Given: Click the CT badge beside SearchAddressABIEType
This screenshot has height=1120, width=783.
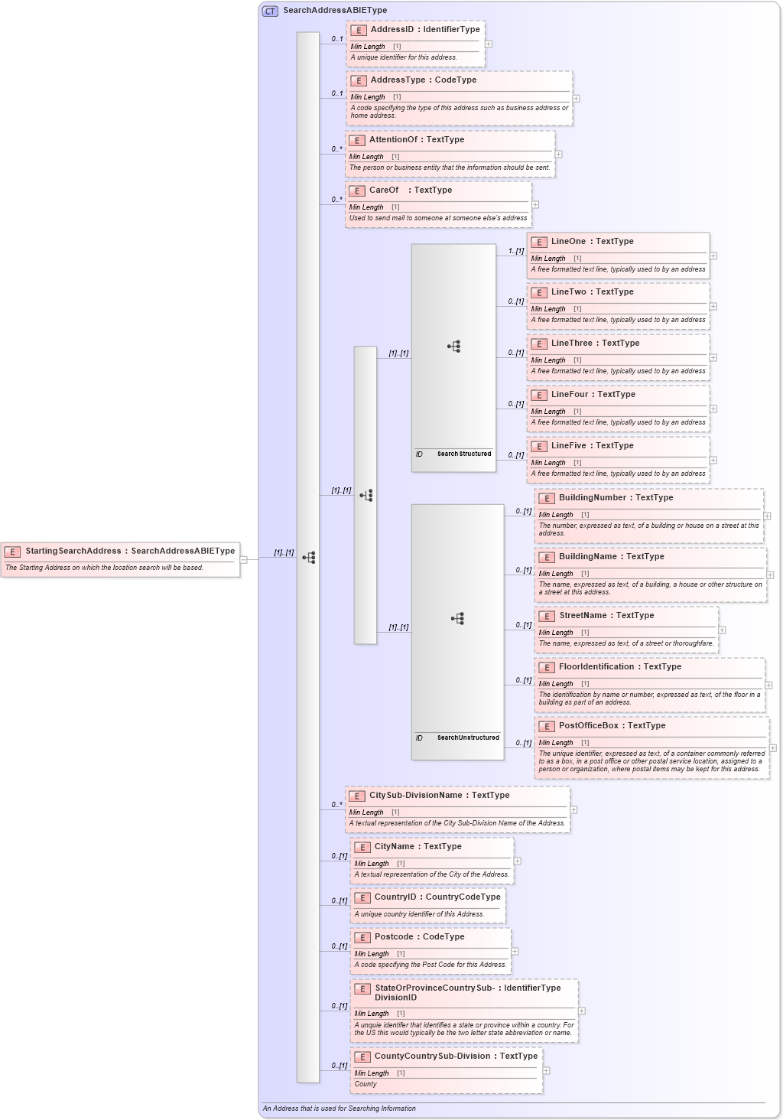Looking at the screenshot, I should [270, 11].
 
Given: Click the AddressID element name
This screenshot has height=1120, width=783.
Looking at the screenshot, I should [391, 30].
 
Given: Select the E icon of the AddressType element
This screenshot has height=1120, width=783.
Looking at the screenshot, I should [359, 80].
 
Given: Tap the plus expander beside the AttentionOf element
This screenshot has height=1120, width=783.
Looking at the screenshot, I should [559, 155].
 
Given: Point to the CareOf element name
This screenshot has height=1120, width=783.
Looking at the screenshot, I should [384, 190].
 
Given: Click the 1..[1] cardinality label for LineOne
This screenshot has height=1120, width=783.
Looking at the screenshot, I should [516, 251].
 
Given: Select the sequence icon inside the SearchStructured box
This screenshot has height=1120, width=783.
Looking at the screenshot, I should [454, 347].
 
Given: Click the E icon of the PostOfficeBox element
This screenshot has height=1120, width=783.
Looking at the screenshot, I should [547, 726].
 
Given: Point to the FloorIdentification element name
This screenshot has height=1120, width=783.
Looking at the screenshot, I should [596, 667].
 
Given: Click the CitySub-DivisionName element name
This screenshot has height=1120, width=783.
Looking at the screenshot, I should [415, 796].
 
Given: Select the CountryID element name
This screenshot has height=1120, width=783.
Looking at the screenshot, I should [395, 897].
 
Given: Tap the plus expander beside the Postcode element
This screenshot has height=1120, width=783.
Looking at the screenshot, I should [515, 952].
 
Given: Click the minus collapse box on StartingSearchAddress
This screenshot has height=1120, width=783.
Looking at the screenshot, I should [244, 559].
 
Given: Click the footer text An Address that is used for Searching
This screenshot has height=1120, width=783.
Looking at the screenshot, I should [340, 1109].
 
